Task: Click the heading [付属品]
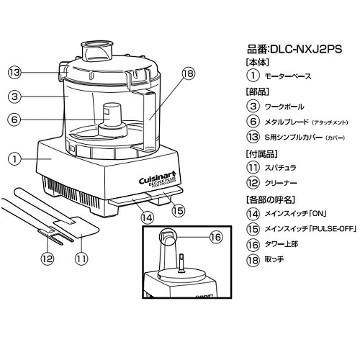[261, 155]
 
